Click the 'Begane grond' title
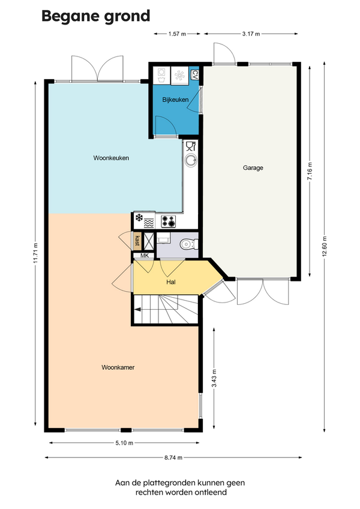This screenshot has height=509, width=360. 96,16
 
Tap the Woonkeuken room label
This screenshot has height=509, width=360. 111,158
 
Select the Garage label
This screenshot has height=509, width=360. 253,168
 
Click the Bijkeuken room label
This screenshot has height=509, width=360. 175,100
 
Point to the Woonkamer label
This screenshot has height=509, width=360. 118,367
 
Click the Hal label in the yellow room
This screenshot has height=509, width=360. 171,282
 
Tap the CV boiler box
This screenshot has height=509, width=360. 194,75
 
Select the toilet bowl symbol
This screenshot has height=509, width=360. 189,244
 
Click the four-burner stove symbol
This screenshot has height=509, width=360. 169,221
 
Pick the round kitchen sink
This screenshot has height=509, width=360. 191,160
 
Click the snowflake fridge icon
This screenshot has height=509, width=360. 139,217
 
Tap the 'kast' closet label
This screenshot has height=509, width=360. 137,241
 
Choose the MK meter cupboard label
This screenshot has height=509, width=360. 145,256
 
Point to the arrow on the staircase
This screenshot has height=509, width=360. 137,309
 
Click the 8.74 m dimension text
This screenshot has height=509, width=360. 173,458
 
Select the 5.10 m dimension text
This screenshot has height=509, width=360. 124,443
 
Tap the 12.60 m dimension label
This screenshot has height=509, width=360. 325,247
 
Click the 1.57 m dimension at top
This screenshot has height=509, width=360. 177,34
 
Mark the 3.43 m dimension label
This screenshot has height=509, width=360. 214,379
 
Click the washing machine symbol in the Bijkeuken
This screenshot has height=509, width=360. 161,75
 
